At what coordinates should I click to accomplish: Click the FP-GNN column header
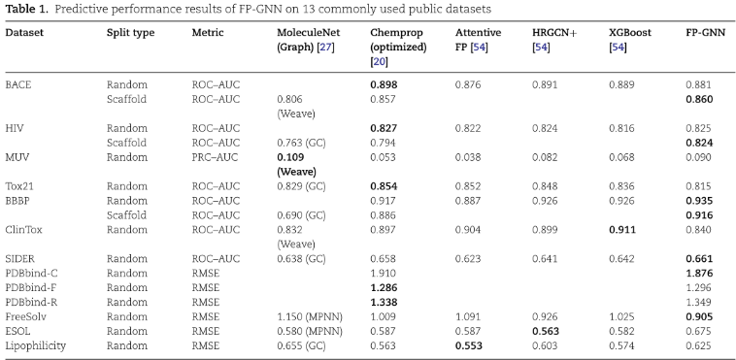click(x=704, y=33)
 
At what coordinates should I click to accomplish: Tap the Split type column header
click(x=130, y=33)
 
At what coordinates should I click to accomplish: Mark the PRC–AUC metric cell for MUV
click(x=216, y=156)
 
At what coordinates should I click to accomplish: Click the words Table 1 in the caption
click(x=25, y=9)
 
